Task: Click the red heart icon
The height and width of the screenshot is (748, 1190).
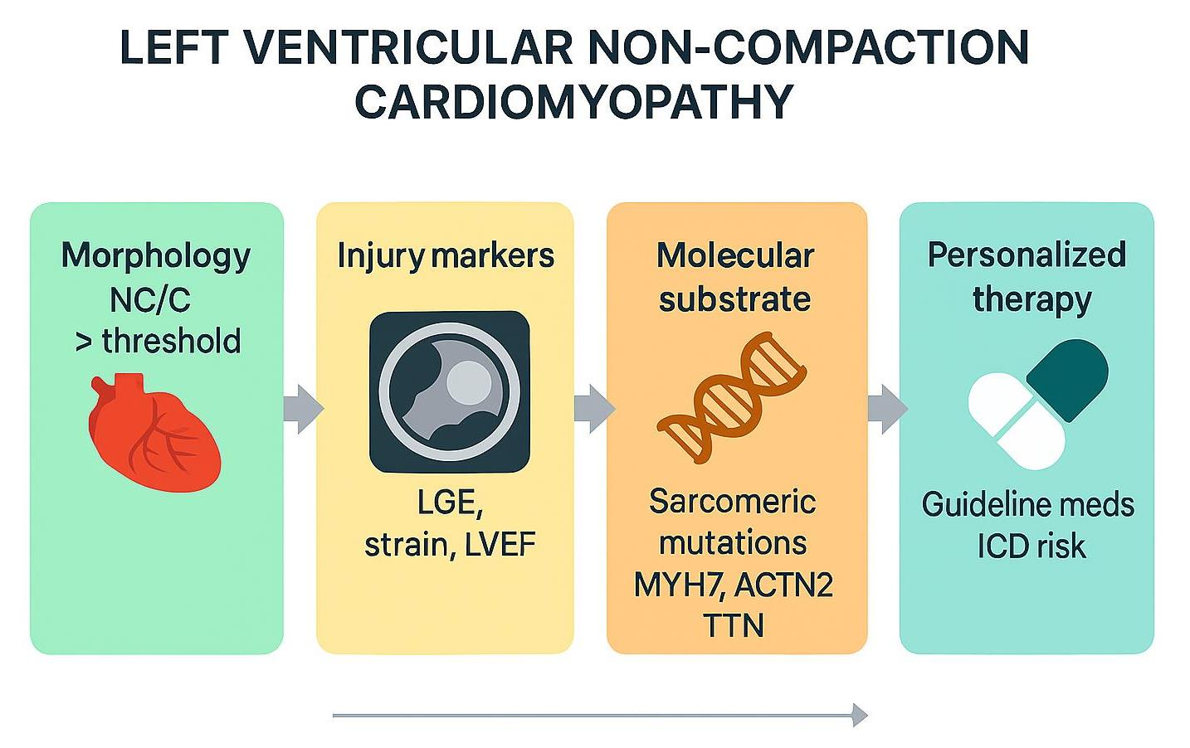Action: (x=154, y=432)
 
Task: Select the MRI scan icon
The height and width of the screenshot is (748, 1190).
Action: (x=449, y=391)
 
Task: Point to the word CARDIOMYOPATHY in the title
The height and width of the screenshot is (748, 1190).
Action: (x=573, y=102)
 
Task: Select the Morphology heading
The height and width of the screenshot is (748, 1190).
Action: (x=155, y=255)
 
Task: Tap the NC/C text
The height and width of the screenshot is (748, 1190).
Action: (x=150, y=299)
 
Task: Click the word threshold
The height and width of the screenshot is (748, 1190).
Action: (x=171, y=341)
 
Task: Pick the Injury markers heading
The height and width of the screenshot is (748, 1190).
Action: (x=445, y=255)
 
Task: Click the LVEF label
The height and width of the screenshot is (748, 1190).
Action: (x=500, y=545)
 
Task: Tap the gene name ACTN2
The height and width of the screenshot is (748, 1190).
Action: (x=783, y=585)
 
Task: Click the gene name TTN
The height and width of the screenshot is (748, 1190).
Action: (x=733, y=625)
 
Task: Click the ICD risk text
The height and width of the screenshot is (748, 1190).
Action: (x=1031, y=546)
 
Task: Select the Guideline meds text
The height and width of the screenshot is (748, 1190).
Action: (x=1027, y=504)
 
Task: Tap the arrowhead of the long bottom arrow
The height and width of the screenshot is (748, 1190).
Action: (x=860, y=715)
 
